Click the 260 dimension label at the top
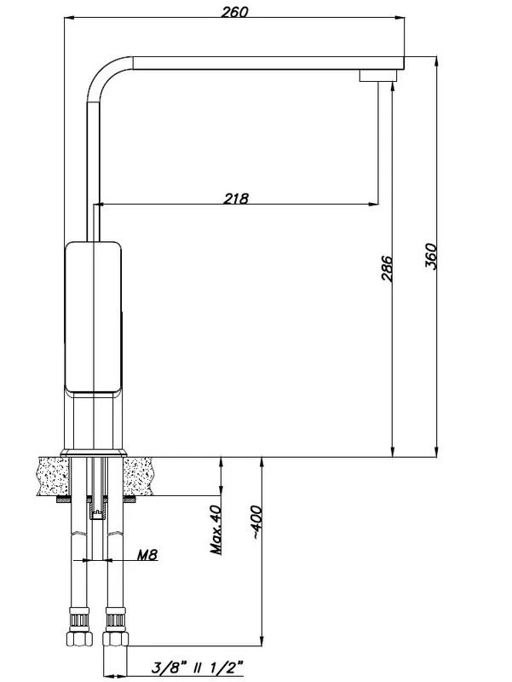point(235,11)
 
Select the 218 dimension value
point(237,199)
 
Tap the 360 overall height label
point(430,256)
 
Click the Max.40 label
point(216,529)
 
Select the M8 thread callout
point(147,554)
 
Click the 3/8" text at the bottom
point(169,668)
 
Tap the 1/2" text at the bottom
point(226,668)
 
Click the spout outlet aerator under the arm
point(378,76)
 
